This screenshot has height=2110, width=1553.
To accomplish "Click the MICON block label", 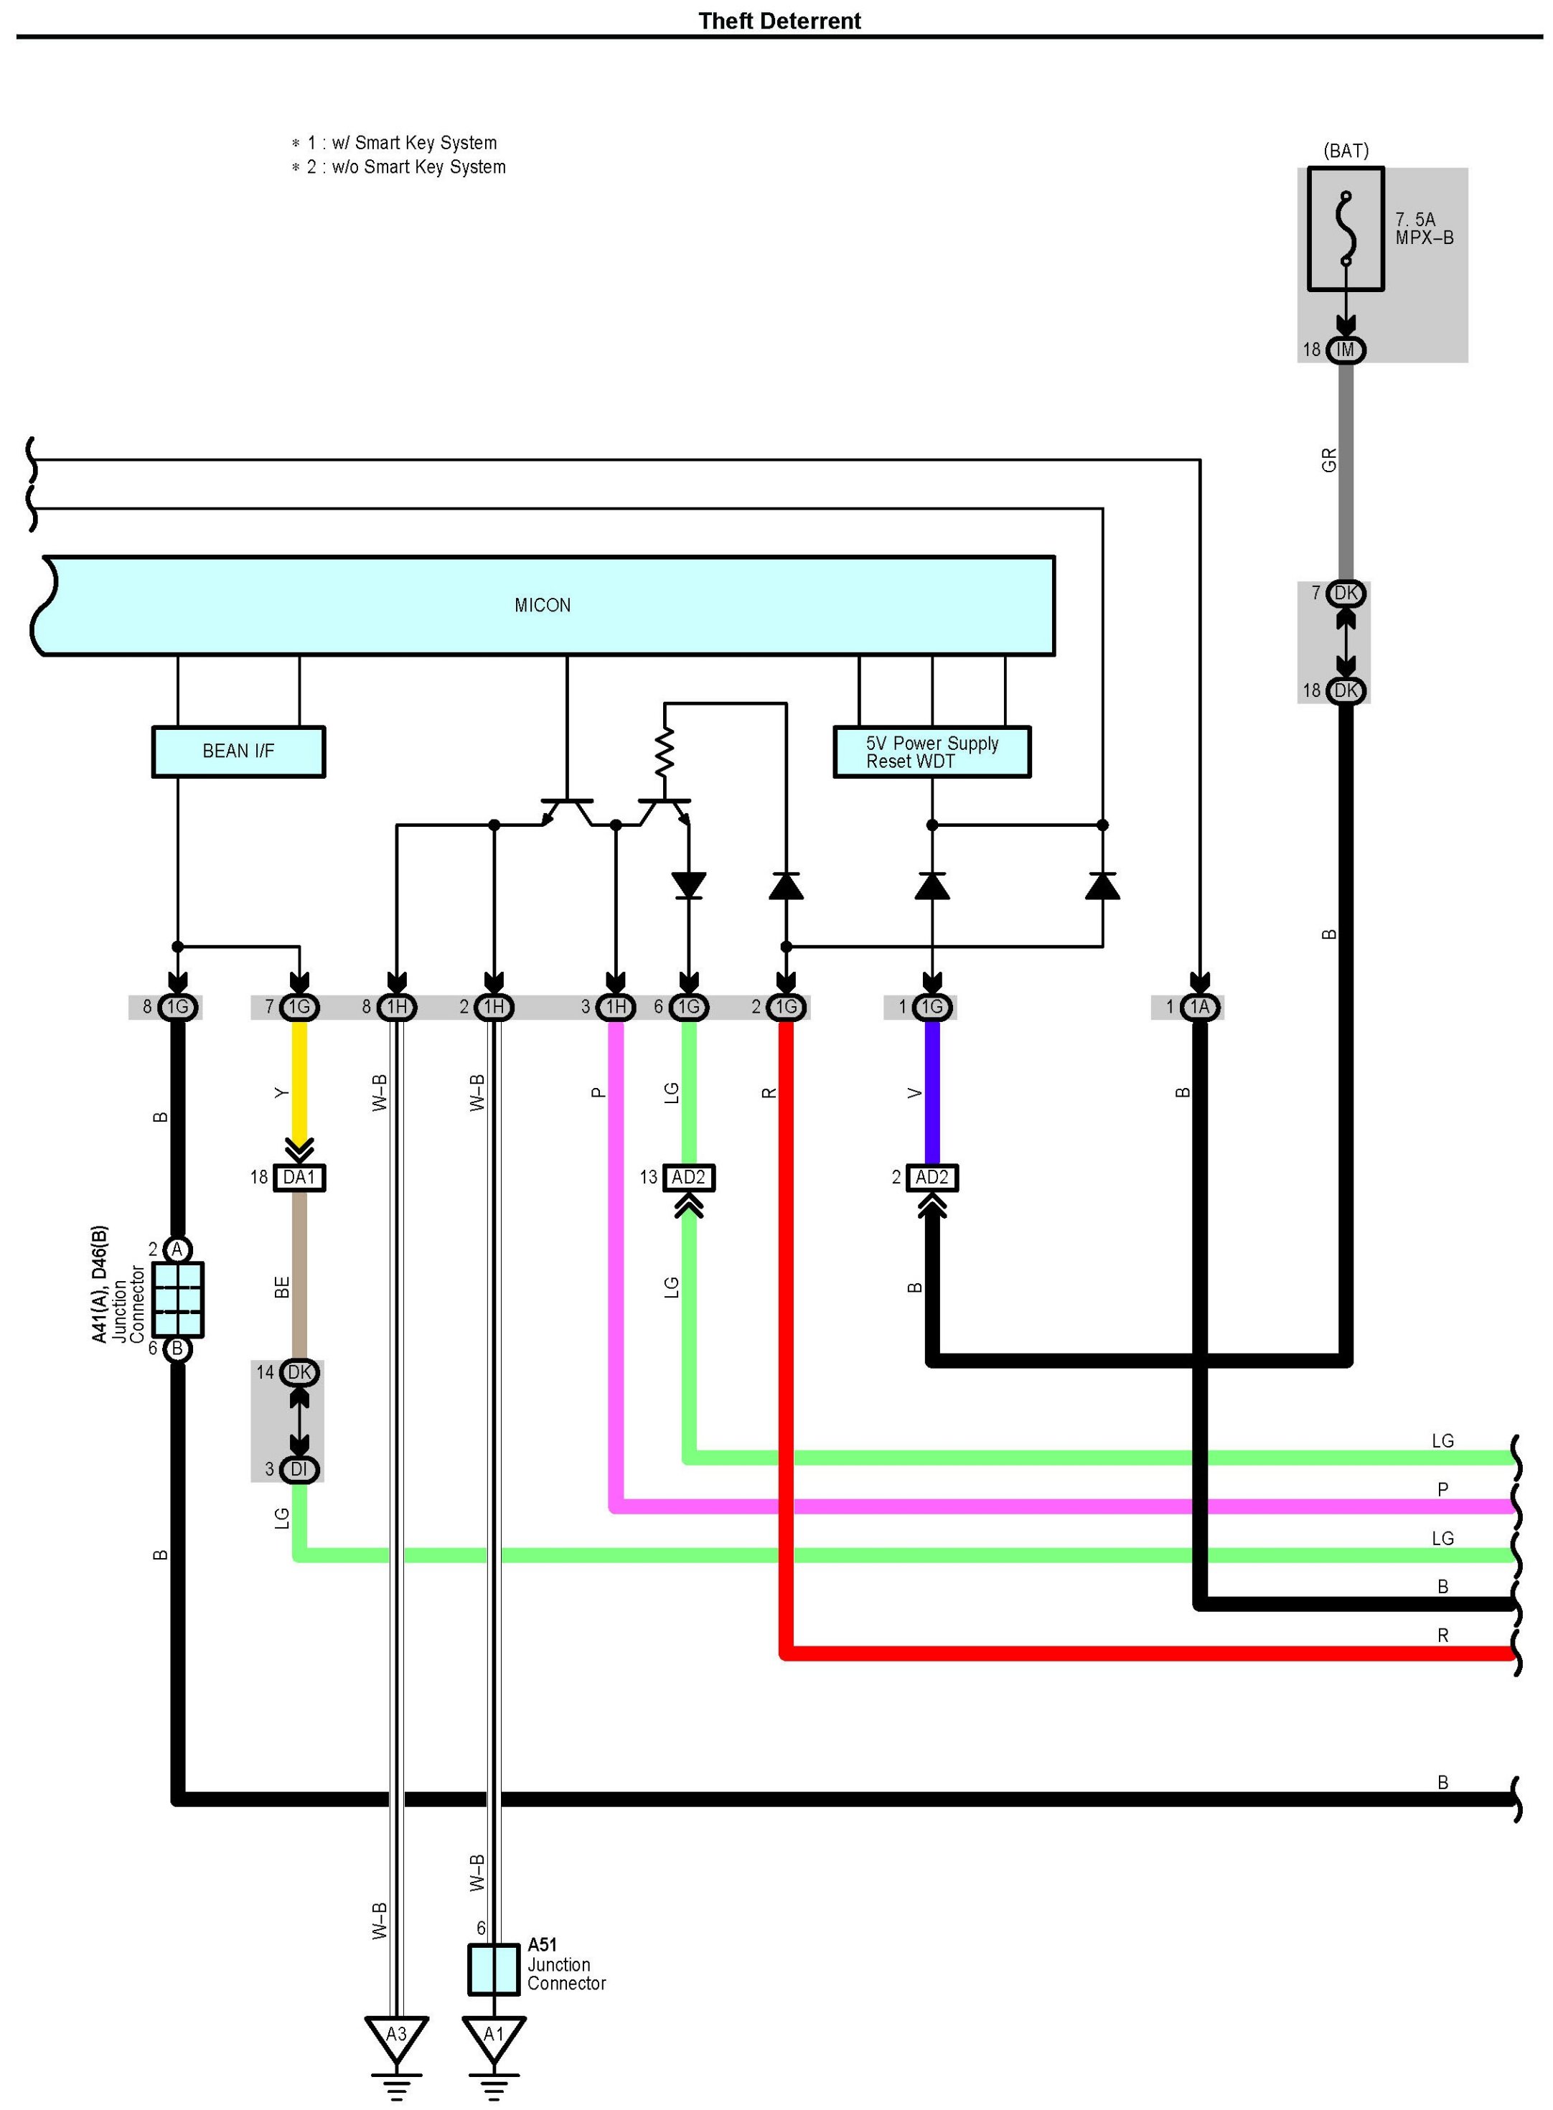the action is (x=543, y=605).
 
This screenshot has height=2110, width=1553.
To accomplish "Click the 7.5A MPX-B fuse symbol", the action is (x=1346, y=228).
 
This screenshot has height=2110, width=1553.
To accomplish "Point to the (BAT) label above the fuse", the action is (x=1346, y=151).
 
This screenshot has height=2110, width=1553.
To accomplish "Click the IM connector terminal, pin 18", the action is (x=1346, y=350).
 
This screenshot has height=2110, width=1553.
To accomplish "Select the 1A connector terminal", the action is (x=1199, y=1008).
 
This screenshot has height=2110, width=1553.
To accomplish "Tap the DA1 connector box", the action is (x=299, y=1178).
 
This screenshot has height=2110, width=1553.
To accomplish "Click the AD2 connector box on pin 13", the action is (x=688, y=1178).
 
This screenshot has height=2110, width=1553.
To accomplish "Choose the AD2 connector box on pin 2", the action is (x=932, y=1178).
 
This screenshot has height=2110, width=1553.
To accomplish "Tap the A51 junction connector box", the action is (x=494, y=1969).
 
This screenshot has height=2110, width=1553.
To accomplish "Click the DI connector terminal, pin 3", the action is (x=299, y=1469).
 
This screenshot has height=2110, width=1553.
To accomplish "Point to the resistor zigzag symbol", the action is (x=665, y=750).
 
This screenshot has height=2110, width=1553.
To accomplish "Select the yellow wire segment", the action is (x=299, y=1081).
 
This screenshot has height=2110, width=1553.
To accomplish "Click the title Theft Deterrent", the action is (x=779, y=21).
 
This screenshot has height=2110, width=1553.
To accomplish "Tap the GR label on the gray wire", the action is (x=1328, y=461).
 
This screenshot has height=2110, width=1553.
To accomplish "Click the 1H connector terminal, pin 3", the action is (x=616, y=1008).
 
